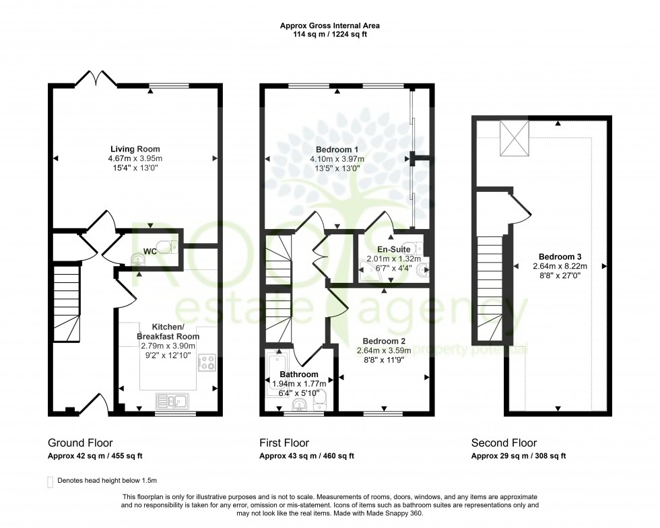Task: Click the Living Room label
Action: tap(135, 149)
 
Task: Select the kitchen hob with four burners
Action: tap(206, 364)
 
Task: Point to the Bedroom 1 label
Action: tap(337, 149)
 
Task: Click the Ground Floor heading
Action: tap(79, 443)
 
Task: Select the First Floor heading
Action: tap(284, 443)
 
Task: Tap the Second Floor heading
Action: tap(503, 443)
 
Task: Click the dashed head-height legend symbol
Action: tap(50, 481)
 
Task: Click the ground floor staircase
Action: tap(66, 303)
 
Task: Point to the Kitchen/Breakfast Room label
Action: tap(168, 331)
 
